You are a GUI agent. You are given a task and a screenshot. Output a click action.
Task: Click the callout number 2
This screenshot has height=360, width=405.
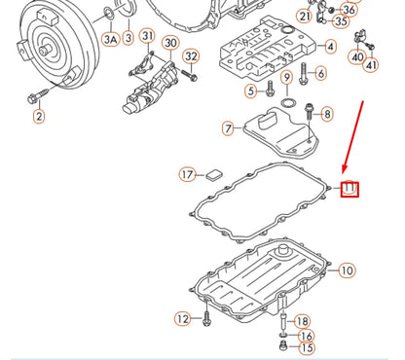39,117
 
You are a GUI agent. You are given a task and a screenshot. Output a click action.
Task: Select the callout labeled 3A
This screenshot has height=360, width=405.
110,39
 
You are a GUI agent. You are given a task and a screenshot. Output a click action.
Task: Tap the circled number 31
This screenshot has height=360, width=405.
147,37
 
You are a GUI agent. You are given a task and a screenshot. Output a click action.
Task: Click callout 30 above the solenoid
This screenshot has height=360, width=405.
169,43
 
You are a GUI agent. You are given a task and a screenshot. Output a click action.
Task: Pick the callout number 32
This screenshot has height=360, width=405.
191,56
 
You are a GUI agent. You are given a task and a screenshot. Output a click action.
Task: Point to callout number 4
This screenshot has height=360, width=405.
331,46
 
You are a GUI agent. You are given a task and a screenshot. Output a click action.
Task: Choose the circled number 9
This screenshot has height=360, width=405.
286,77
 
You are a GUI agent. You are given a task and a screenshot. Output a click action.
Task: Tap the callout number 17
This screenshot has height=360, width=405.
187,175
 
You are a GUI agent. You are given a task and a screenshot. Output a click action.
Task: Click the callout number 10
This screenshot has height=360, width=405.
347,270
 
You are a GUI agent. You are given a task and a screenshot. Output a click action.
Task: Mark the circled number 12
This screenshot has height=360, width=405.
182,319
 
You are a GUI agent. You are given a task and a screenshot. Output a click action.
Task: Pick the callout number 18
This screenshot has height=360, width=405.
303,321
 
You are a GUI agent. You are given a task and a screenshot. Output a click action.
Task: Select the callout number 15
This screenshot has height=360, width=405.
307,348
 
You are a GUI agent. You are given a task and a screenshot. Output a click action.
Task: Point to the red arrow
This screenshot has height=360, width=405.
353,136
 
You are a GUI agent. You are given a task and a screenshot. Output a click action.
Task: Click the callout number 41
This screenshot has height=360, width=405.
370,66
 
